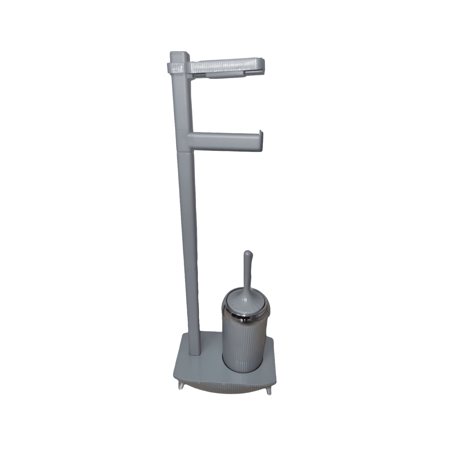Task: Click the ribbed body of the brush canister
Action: pos(244,346)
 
